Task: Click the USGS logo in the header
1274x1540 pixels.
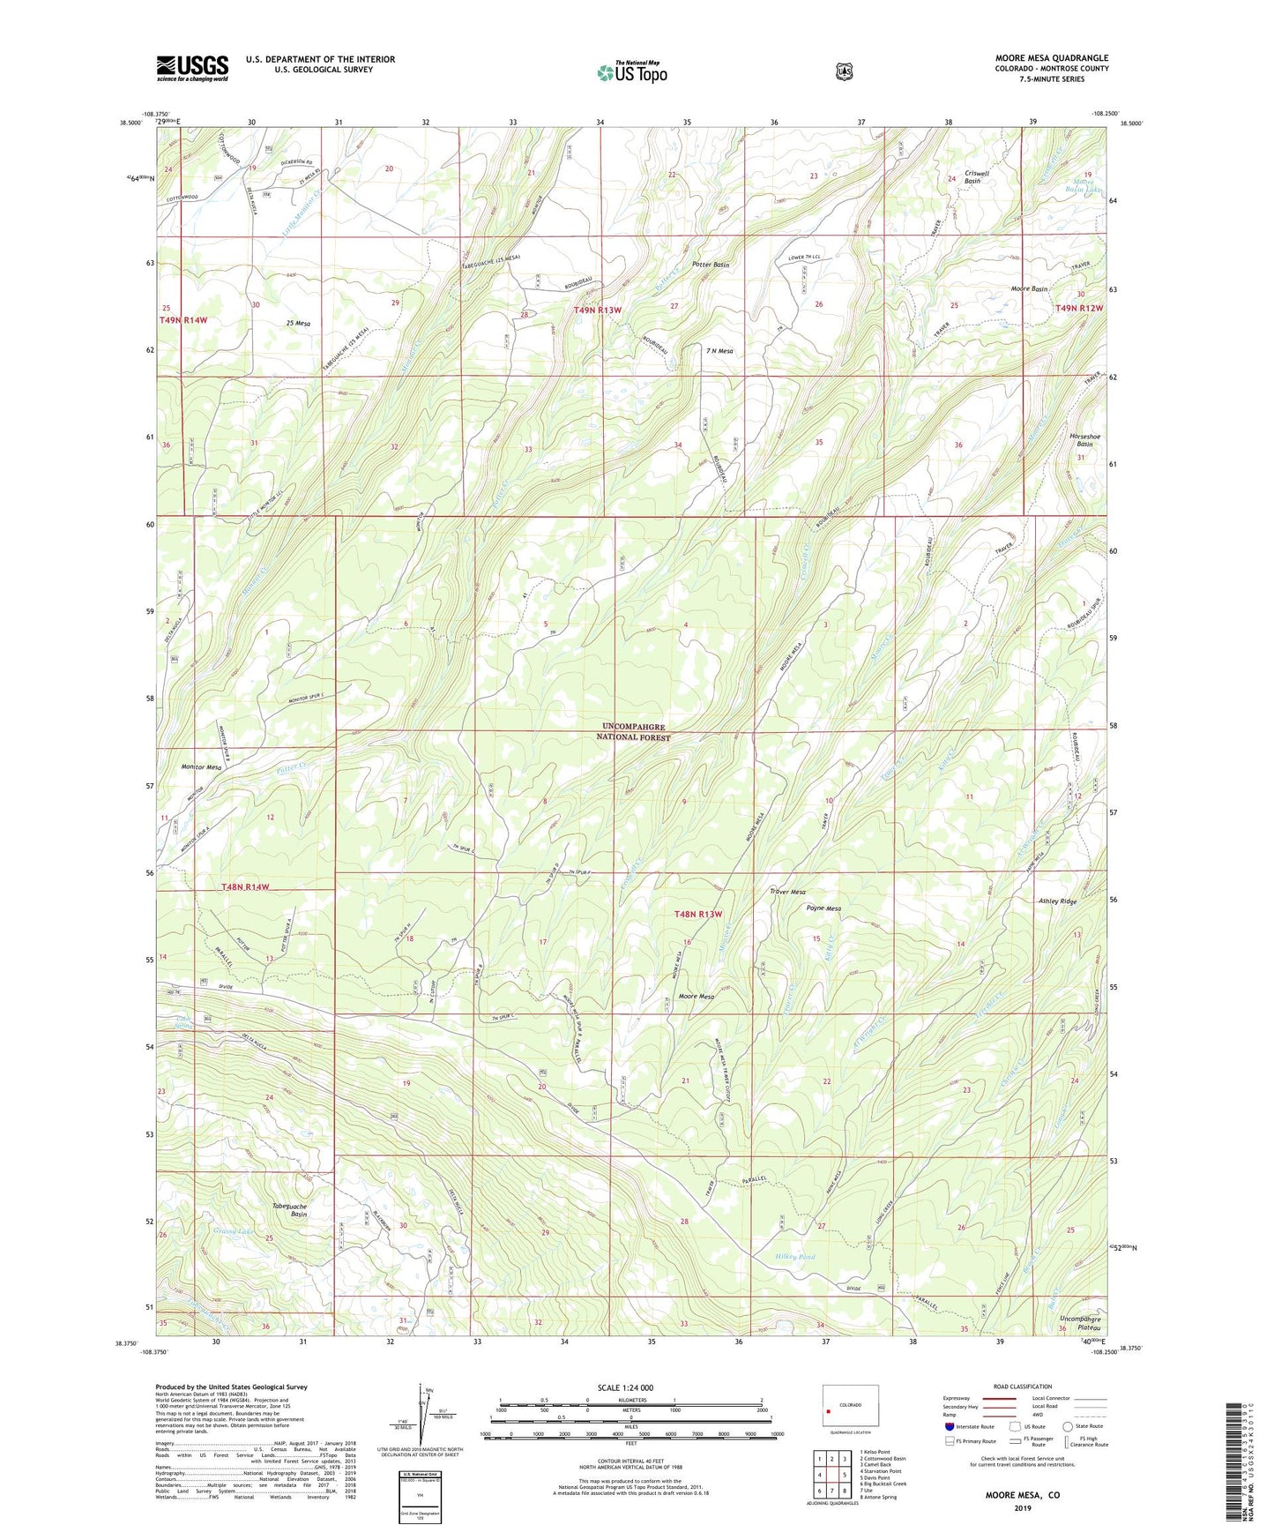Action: (192, 67)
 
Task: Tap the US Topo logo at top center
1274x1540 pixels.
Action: (632, 71)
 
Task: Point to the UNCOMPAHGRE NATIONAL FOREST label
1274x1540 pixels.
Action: (630, 732)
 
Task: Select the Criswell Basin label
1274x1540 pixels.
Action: (977, 178)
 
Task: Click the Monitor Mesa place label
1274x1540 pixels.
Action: (201, 767)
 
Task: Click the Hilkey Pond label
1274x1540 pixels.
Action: (795, 1257)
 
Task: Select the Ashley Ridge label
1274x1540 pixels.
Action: (1058, 901)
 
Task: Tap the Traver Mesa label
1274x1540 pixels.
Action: (787, 892)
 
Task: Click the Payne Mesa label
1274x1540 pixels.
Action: (823, 908)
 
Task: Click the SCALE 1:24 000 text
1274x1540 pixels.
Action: (625, 1387)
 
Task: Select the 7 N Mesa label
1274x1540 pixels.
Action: (719, 351)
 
